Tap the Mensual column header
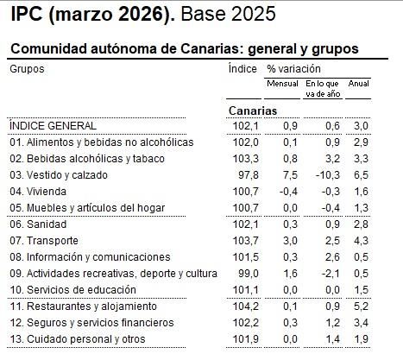(283, 84)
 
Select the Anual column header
(358, 84)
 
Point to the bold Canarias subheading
(252, 111)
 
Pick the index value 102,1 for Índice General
(247, 126)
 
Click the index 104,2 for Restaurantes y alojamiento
(247, 306)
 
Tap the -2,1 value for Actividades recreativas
(324, 274)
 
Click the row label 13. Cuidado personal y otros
(77, 338)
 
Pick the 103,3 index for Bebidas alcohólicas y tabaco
(247, 159)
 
